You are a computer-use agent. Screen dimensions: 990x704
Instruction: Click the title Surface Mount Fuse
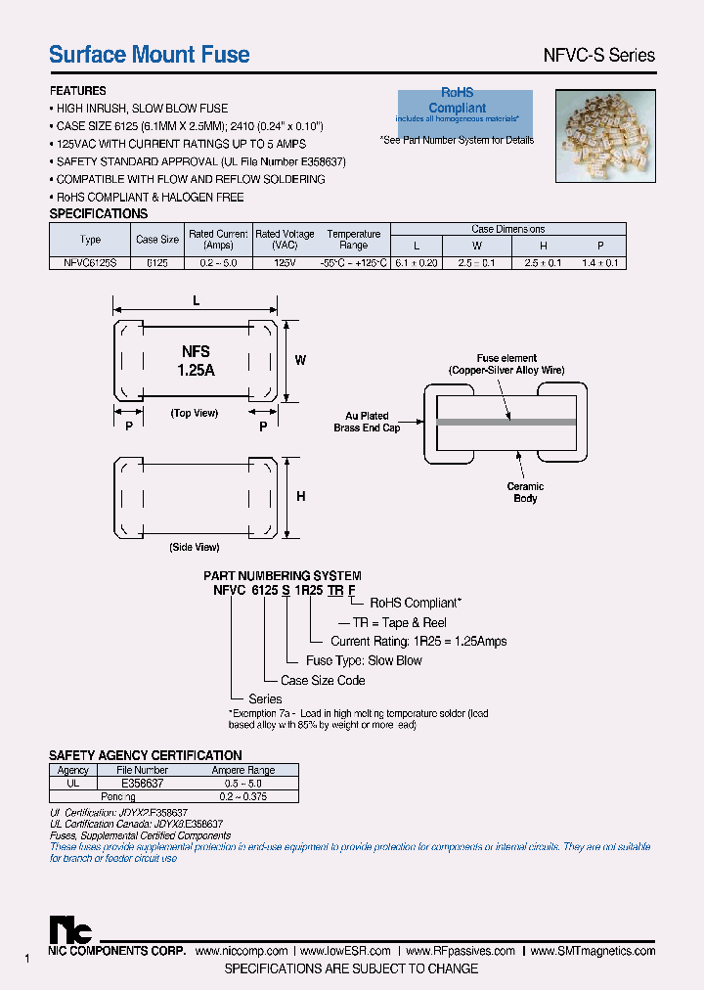coord(150,55)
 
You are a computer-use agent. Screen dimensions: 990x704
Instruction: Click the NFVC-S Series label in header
coord(598,56)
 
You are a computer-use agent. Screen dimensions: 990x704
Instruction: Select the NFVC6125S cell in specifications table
coord(90,263)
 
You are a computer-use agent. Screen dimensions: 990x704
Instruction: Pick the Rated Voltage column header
coord(285,240)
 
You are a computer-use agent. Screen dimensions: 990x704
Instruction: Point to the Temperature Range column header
coord(353,240)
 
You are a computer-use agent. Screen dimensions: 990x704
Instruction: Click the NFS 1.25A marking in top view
coord(196,361)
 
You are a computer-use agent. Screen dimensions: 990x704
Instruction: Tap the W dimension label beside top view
coord(300,360)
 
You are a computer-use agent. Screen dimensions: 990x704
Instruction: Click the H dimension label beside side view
coord(300,497)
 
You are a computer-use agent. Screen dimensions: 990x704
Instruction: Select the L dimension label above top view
coord(196,302)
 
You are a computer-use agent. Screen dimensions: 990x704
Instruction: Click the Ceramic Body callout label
coord(525,492)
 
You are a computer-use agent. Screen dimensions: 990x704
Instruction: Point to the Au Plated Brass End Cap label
coord(367,423)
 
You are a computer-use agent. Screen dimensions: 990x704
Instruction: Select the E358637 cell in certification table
coord(143,784)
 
